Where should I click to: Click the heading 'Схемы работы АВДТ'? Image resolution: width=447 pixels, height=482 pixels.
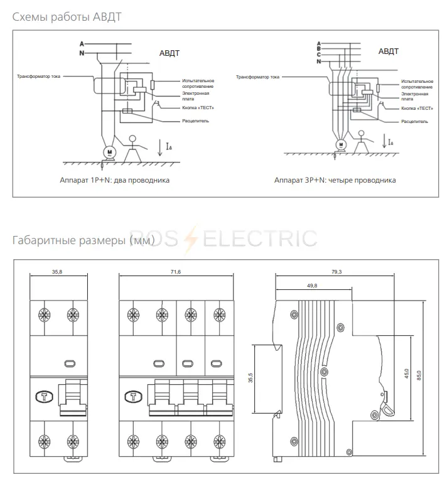click(x=67, y=16)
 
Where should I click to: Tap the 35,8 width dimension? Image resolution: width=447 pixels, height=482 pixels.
click(x=57, y=272)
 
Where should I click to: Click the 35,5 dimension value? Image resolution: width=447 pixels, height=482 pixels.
click(x=251, y=378)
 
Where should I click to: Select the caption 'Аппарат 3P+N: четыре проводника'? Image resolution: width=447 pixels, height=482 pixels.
click(x=335, y=180)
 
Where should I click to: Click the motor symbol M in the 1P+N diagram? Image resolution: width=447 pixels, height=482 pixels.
click(x=108, y=153)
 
